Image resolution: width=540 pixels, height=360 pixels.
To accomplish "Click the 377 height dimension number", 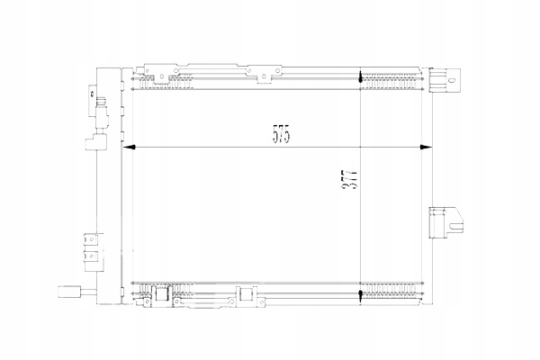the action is point(349,181).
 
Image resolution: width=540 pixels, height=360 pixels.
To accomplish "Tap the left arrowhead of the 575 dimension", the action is point(129,148).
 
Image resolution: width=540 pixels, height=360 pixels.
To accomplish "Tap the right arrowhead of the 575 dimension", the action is point(426,148).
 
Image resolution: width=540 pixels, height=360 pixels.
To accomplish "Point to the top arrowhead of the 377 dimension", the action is point(360,77).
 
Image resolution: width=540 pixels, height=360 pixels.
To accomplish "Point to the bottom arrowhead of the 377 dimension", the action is point(360,294).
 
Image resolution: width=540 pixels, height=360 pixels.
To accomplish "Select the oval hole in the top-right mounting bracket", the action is point(452,80).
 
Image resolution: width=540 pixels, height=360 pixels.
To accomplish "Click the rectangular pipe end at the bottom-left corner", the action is point(69,292).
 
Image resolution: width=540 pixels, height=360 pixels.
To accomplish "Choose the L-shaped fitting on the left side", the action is point(95,142).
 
